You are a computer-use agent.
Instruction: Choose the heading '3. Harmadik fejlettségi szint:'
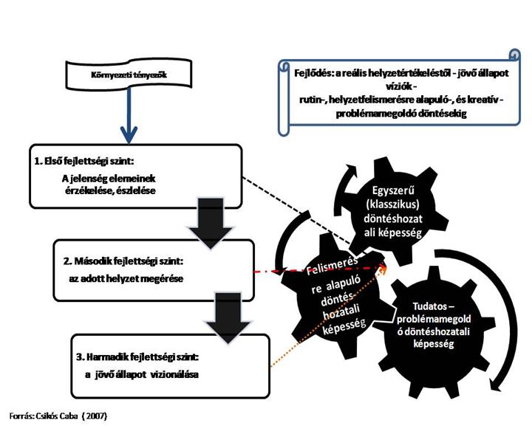click(138, 358)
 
